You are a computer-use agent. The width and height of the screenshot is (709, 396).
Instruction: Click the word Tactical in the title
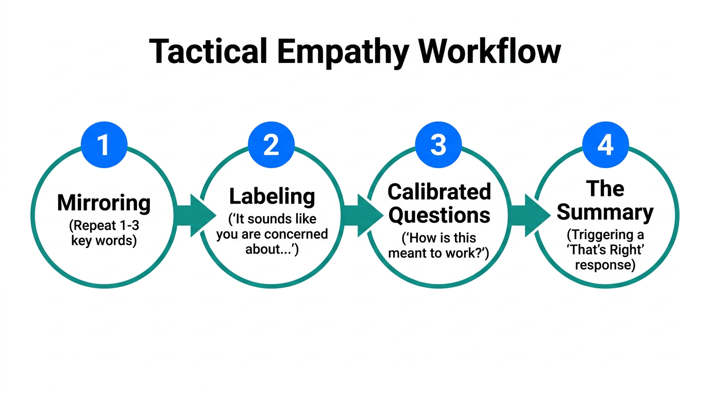pos(208,52)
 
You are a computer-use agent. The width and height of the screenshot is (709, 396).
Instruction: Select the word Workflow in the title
pos(488,52)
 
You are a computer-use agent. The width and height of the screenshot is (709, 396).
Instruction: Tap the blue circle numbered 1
pos(104,145)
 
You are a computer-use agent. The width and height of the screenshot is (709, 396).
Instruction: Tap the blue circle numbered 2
pos(271,145)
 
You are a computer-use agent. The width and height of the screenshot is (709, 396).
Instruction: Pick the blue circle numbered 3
pos(438,145)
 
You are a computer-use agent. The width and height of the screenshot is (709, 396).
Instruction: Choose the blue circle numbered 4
pos(605,145)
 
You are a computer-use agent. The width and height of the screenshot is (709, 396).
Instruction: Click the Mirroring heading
pos(104,203)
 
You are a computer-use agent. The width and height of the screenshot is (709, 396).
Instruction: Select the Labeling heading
pos(272,196)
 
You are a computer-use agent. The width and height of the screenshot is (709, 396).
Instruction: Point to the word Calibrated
pos(439,192)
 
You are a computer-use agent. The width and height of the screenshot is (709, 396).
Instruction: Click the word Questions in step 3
pos(439,215)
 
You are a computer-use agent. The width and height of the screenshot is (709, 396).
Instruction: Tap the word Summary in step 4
pos(605,212)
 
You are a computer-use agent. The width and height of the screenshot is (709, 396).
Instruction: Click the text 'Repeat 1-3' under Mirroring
pos(104,226)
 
